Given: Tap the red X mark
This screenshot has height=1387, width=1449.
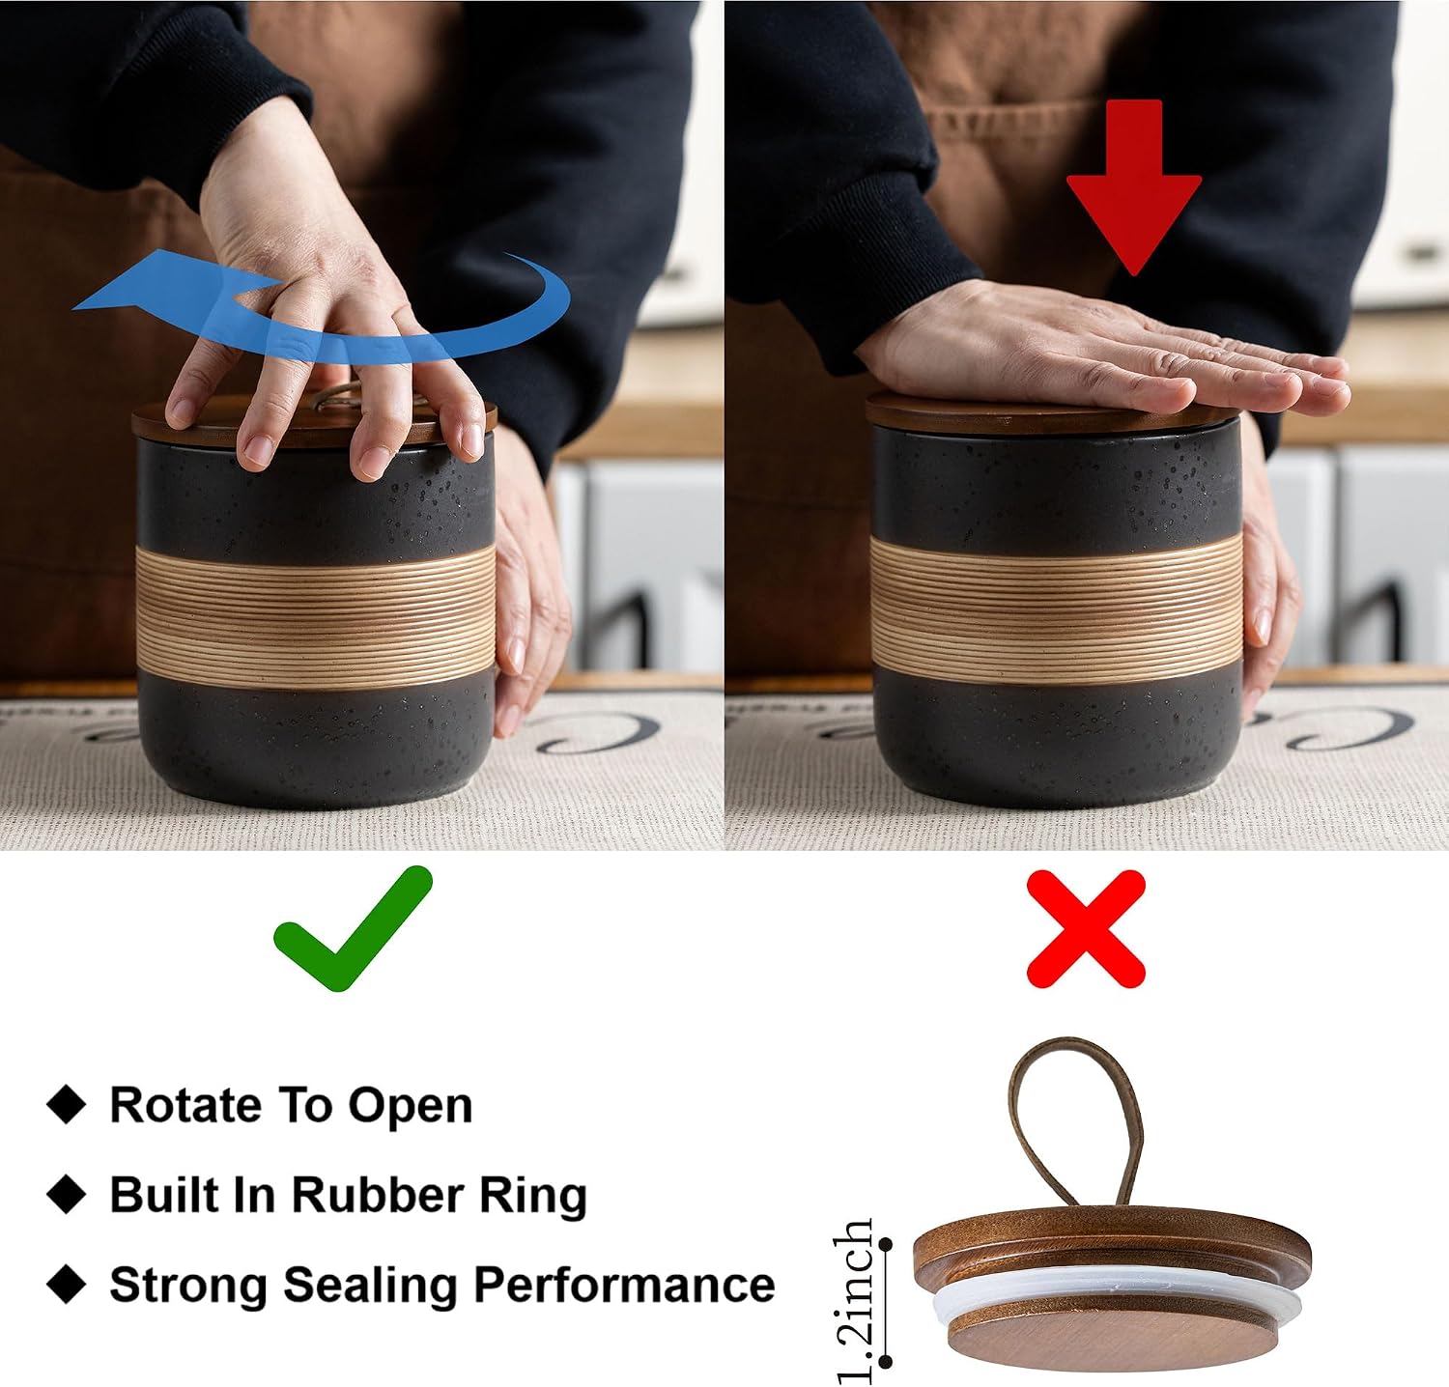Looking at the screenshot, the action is (1086, 928).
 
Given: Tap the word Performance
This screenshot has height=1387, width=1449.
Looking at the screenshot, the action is (623, 1285).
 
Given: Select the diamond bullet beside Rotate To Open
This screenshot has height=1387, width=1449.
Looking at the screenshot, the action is (67, 1105).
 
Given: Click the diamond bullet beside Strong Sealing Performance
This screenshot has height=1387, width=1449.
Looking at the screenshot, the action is (67, 1285).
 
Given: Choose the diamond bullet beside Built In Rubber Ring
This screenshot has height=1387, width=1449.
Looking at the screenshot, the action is (67, 1195).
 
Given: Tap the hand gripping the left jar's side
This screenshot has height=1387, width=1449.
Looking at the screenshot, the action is (526, 580).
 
